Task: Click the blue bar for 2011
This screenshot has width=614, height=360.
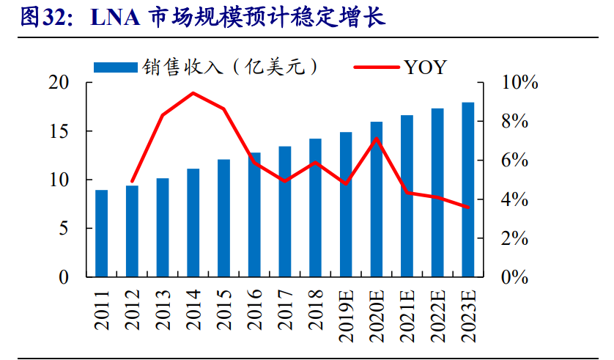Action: (102, 233)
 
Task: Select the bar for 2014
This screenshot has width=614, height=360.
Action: (193, 223)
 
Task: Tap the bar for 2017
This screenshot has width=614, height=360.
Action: (285, 211)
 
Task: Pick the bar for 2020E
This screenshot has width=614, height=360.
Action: (377, 199)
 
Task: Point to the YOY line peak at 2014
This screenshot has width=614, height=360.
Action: (193, 93)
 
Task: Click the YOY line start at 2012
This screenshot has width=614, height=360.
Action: (132, 181)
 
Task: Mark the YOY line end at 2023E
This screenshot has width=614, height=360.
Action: (468, 207)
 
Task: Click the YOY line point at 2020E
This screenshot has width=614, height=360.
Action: (377, 139)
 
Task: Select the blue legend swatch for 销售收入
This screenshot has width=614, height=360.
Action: (115, 67)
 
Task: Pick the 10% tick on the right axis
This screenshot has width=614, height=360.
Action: (518, 83)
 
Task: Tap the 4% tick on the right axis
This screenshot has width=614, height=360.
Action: (514, 199)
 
